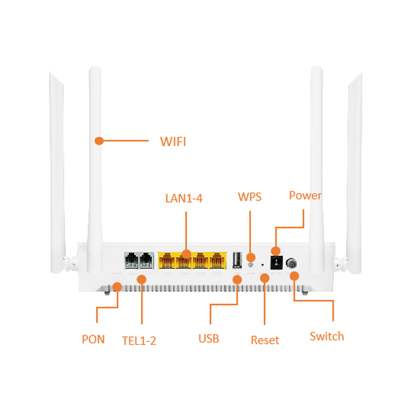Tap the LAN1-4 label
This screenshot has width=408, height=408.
point(184,199)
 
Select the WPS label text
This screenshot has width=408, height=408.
point(250,197)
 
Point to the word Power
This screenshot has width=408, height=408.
point(305,195)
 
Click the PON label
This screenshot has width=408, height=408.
point(93,339)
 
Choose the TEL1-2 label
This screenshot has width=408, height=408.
point(139,341)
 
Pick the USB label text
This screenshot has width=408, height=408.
point(209,338)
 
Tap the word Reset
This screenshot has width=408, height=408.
point(265,341)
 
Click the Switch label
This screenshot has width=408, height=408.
point(327,336)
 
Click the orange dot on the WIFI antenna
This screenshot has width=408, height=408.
point(98,141)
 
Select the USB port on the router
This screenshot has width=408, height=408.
point(237,261)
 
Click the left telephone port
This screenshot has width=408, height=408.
point(132,261)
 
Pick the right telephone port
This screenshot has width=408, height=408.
point(146,261)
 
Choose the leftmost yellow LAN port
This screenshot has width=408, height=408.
point(166,262)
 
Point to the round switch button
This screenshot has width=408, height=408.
point(292,264)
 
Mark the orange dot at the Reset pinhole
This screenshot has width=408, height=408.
point(265,278)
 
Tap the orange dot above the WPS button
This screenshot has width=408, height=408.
point(251,257)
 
